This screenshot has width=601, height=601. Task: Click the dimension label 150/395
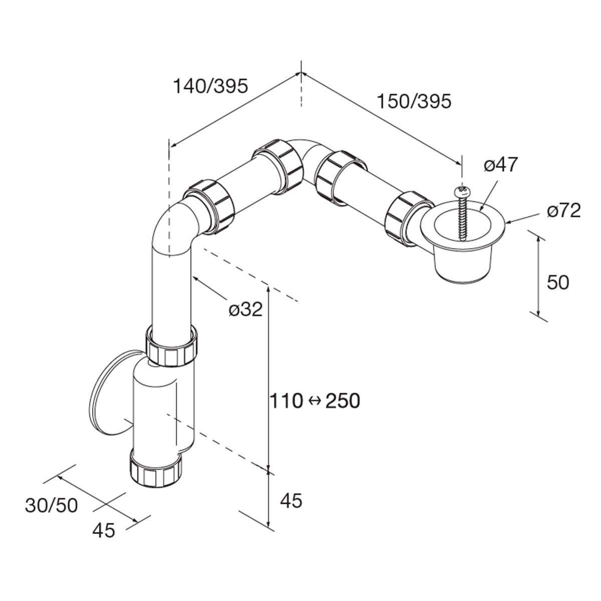coord(414,101)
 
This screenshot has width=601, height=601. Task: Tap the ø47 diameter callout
coord(500,165)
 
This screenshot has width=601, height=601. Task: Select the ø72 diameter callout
coord(563,211)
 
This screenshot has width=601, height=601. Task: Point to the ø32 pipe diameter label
coord(245,310)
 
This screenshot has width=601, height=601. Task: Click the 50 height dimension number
coord(558,283)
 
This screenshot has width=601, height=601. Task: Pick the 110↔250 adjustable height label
coord(315,401)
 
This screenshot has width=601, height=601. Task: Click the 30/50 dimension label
coord(52,506)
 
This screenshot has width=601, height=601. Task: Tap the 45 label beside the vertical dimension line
coord(291,500)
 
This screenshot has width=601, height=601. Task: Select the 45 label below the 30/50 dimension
coord(104,530)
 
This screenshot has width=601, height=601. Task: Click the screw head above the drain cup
coord(462,191)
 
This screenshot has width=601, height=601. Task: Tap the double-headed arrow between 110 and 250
coord(315,401)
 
